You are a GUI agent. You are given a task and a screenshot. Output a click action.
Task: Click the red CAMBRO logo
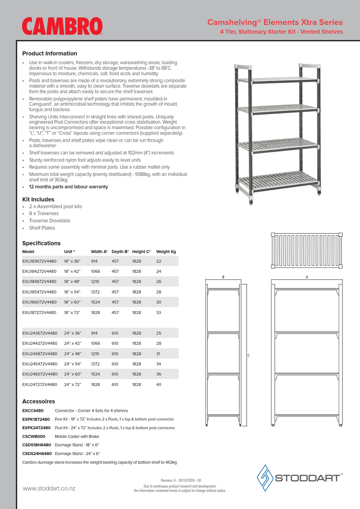62,26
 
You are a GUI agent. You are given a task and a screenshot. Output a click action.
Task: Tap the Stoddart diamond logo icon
265,478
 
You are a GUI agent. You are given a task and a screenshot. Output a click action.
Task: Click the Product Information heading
50,54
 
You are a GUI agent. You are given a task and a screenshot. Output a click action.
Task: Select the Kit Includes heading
38,199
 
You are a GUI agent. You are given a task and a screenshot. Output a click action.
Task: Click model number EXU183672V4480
39,261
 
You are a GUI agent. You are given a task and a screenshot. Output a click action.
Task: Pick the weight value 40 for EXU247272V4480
158,385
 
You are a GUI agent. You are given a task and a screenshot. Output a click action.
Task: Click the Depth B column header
120,252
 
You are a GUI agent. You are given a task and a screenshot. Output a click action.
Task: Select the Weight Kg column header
166,252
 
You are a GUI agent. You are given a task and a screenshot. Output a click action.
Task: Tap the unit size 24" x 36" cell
72,333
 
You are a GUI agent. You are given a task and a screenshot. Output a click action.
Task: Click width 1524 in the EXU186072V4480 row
95,302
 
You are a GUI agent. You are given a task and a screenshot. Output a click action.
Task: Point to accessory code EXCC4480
33,410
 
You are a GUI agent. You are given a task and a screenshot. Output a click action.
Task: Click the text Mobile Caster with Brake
77,436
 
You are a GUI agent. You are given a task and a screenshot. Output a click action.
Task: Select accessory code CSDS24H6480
37,454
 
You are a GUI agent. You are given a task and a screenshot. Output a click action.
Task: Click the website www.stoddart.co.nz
49,488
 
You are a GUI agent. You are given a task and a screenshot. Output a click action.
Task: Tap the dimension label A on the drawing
307,277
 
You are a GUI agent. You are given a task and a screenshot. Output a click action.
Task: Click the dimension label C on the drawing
248,355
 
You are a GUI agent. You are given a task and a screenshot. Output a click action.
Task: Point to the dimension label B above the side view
223,277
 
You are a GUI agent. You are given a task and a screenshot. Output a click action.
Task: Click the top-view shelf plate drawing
307,250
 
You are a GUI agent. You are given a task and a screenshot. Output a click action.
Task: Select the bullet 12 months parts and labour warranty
68,187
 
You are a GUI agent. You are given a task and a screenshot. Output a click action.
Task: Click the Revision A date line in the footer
181,480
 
